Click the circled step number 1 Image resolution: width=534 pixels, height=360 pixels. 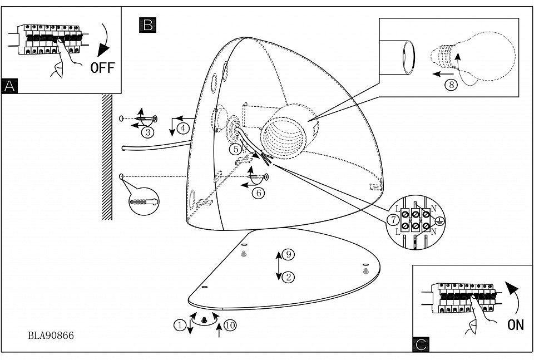(x=179, y=325)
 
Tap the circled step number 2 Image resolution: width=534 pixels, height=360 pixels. (x=288, y=277)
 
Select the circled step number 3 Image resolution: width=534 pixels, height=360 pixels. (x=147, y=132)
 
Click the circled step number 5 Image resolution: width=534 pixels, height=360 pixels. (x=236, y=149)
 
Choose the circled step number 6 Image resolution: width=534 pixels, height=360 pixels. (x=258, y=193)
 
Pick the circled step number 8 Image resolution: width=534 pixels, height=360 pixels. (x=451, y=85)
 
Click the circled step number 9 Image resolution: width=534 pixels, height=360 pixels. (x=288, y=254)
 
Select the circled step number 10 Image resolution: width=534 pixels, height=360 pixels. (x=230, y=325)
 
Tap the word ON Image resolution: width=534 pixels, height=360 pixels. (x=516, y=325)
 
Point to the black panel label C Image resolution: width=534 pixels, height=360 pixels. (x=421, y=344)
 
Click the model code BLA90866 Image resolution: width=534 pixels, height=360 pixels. (x=51, y=336)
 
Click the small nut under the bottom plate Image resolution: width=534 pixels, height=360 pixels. (x=204, y=320)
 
